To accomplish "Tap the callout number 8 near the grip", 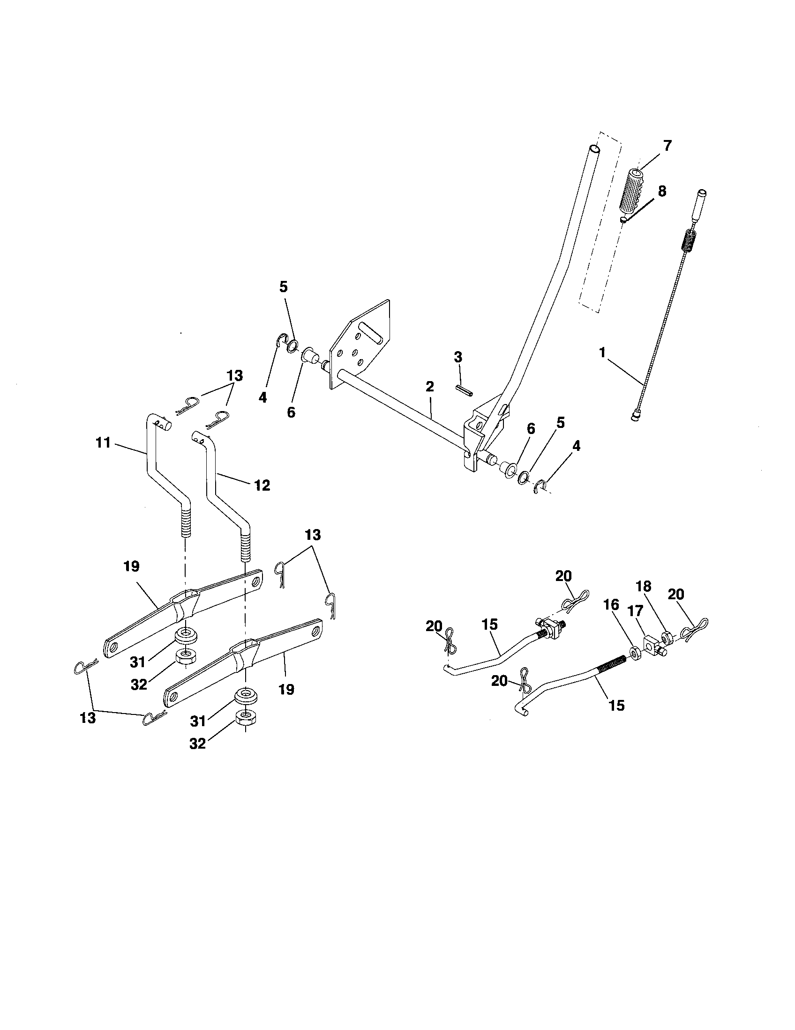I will pyautogui.click(x=662, y=191).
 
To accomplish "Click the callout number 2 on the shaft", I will pyautogui.click(x=429, y=387).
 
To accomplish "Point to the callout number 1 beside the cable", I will pyautogui.click(x=602, y=352).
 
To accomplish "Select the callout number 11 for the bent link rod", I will pyautogui.click(x=103, y=442).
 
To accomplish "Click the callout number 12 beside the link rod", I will pyautogui.click(x=262, y=486).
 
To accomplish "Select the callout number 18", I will pyautogui.click(x=644, y=586).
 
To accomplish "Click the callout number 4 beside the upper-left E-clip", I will pyautogui.click(x=262, y=397).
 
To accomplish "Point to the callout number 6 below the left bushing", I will pyautogui.click(x=291, y=412).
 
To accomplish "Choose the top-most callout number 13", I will pyautogui.click(x=235, y=376).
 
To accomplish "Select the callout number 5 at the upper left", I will pyautogui.click(x=283, y=287).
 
